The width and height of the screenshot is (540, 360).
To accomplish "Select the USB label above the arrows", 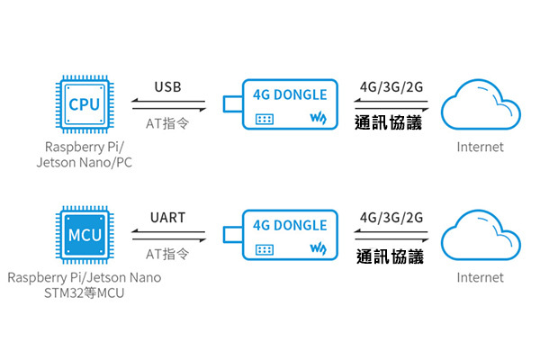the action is pos(167,87).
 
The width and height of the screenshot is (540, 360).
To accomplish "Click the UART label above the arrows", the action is pos(167,218).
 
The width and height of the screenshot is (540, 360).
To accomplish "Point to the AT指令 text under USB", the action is pos(166,123).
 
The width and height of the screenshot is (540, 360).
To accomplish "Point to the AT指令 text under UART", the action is pos(166,254).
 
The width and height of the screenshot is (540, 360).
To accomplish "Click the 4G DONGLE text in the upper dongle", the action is pos(290,94).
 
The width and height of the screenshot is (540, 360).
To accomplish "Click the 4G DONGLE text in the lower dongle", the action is pos(290,224).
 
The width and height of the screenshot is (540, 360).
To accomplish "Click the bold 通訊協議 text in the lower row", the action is pos(389,256).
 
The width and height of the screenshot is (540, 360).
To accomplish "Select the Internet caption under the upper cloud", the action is pos(480,147).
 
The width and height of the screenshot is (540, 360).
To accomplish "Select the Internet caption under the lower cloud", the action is pos(480,277).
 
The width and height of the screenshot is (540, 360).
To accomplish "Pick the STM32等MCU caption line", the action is pos(83,294).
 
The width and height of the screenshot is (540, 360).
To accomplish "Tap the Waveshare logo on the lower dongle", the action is pos(318,248).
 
